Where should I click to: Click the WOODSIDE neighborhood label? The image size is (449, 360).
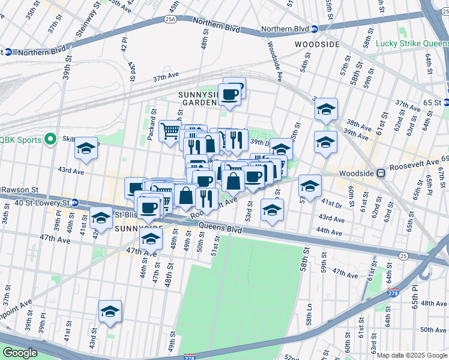click(x=317, y=44)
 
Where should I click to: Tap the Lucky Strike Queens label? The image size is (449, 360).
click(x=412, y=43)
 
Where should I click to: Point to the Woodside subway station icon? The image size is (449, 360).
click(x=380, y=173)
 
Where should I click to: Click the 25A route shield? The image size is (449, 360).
click(x=170, y=20)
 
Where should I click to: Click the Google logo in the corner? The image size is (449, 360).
click(x=19, y=353)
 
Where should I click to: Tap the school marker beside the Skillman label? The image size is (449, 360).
click(x=86, y=148)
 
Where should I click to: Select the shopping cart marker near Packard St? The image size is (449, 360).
click(x=170, y=130)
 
